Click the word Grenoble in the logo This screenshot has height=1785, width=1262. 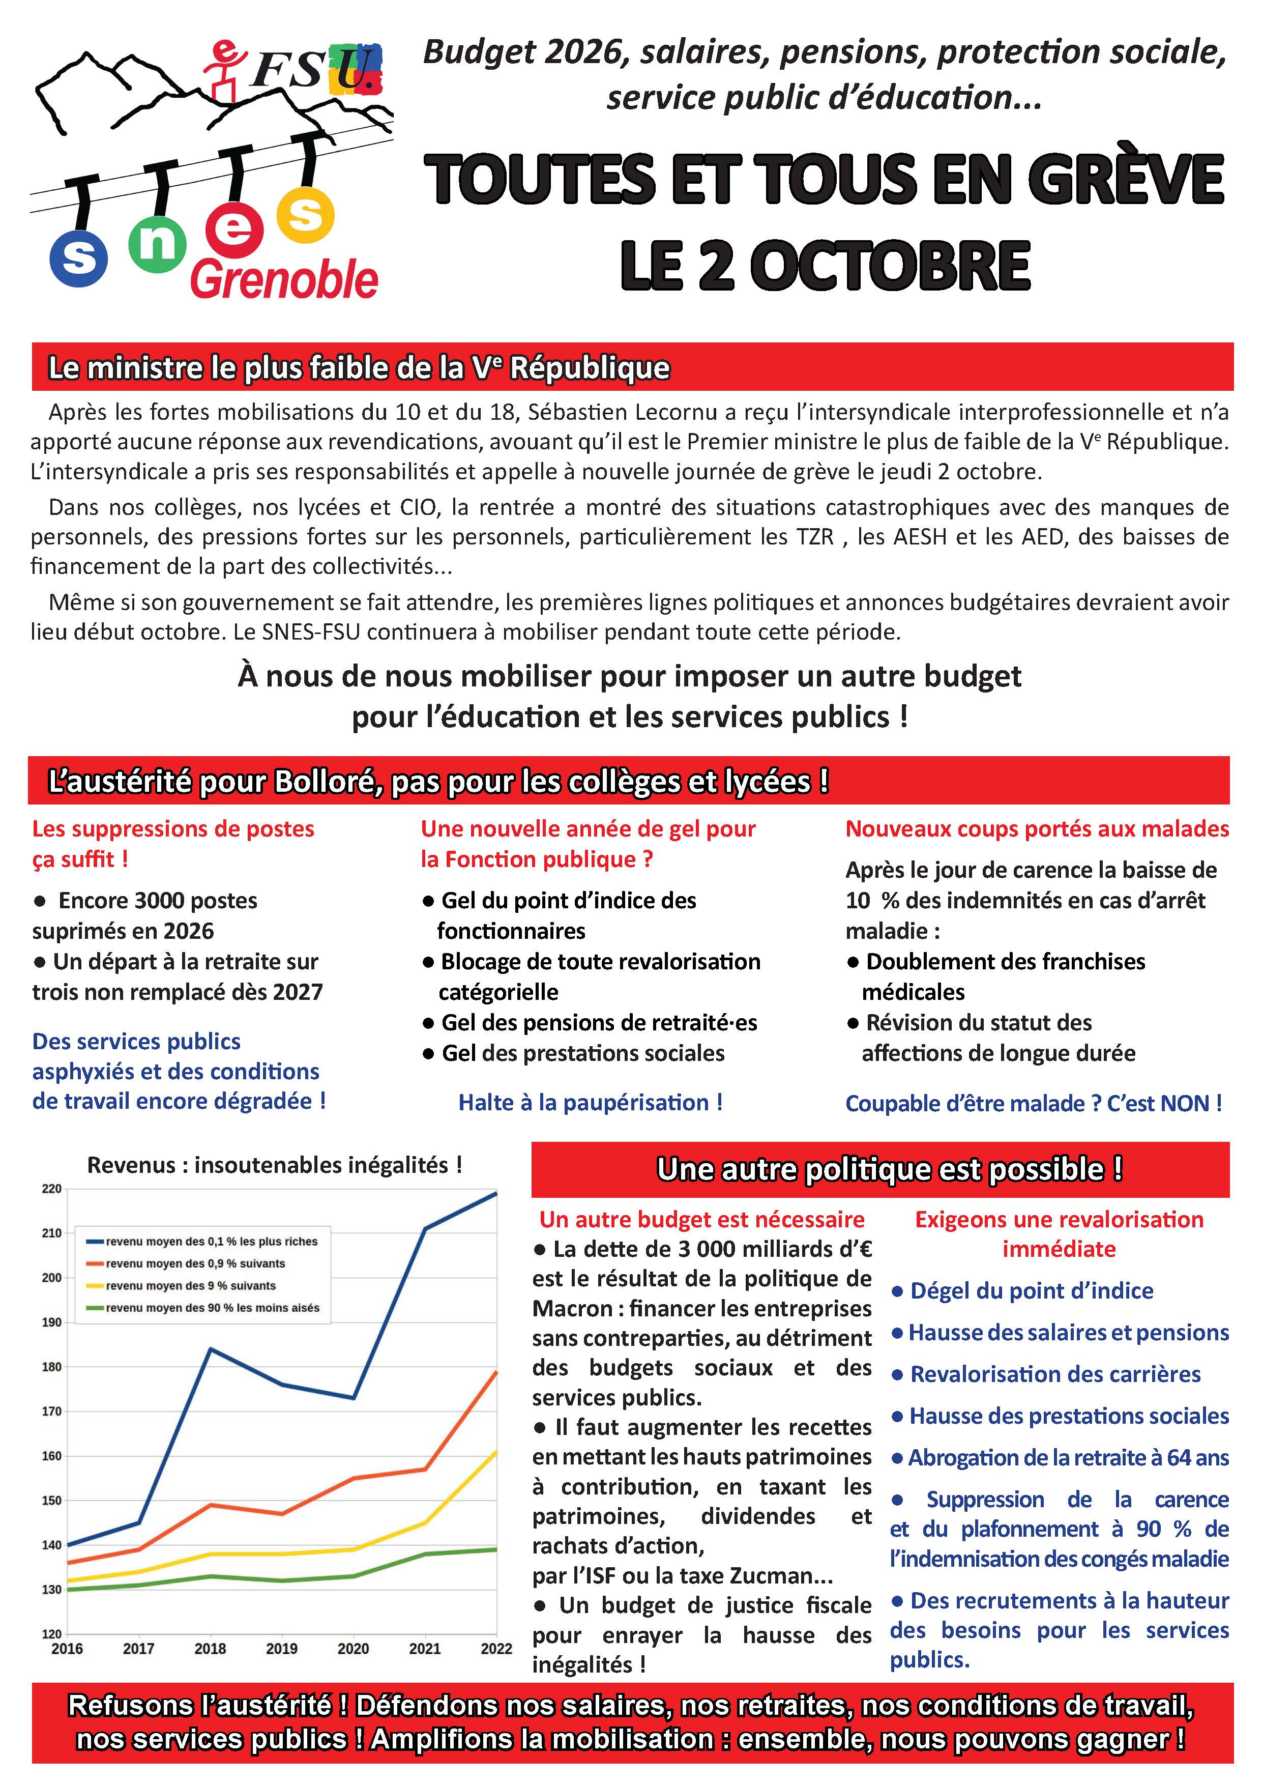(x=284, y=280)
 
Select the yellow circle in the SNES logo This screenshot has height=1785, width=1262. (x=305, y=215)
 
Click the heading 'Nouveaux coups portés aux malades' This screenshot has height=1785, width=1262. (x=1037, y=829)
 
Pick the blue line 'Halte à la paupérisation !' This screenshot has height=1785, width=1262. (x=591, y=1103)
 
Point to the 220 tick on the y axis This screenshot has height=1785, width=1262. (x=51, y=1189)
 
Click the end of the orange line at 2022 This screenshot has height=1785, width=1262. (x=496, y=1372)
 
